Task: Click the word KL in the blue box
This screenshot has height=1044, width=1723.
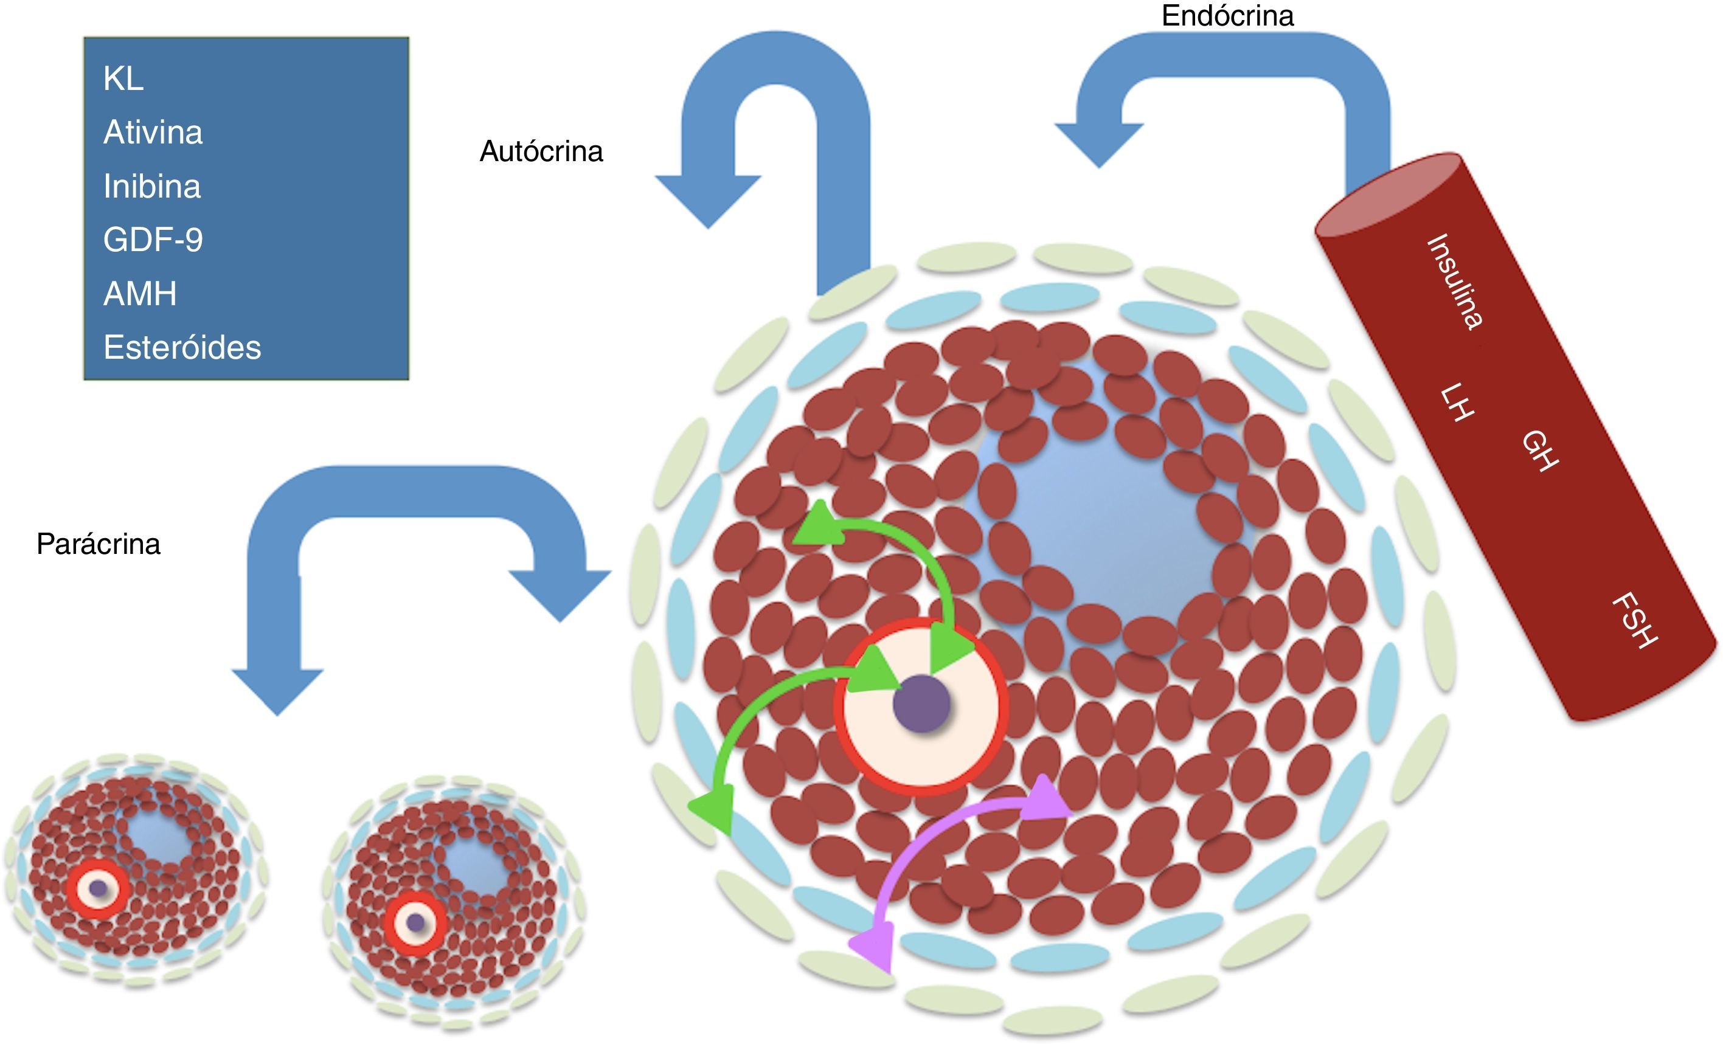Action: point(123,78)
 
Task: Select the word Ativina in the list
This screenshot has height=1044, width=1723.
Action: point(153,132)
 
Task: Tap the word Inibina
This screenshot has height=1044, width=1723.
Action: point(151,186)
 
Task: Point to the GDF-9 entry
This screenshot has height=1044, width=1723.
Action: point(153,240)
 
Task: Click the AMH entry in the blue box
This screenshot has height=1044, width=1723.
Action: point(140,294)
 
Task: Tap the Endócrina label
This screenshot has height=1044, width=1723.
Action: point(1227,15)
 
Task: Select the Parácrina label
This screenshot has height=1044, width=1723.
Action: point(98,544)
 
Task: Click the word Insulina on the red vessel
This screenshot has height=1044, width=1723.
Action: point(1454,281)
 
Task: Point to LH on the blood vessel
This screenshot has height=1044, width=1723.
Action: point(1457,402)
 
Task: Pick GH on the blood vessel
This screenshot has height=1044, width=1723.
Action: point(1541,451)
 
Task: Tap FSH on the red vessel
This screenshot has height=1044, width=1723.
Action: point(1635,620)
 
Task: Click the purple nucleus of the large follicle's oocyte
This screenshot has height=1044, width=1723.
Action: point(921,703)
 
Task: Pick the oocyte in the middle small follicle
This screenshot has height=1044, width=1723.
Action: point(415,922)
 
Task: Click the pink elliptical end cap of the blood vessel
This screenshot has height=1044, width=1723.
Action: point(1388,196)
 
